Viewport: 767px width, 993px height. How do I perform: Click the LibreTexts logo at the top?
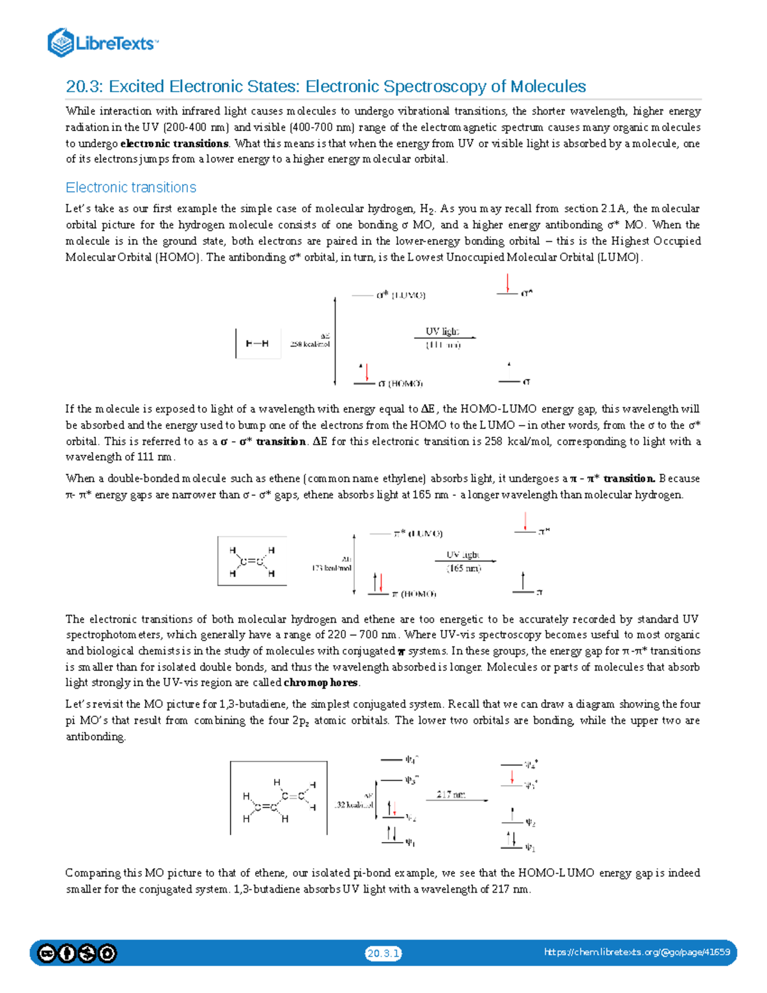pyautogui.click(x=102, y=43)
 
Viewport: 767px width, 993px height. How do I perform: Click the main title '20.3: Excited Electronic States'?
pyautogui.click(x=326, y=86)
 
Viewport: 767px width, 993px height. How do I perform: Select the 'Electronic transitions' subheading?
pyautogui.click(x=131, y=187)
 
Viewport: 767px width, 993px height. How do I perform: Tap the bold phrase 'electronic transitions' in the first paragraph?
pyautogui.click(x=174, y=143)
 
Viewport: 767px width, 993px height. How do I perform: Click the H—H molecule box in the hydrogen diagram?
pyautogui.click(x=258, y=343)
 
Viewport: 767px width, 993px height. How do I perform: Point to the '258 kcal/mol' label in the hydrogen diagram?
pyautogui.click(x=310, y=344)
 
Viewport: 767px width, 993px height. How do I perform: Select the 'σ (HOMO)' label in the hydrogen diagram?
pyautogui.click(x=400, y=384)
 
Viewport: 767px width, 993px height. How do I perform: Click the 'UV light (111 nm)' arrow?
pyautogui.click(x=444, y=338)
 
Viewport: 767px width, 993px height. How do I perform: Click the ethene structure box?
pyautogui.click(x=252, y=561)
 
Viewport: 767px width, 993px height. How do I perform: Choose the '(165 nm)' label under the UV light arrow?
pyautogui.click(x=464, y=568)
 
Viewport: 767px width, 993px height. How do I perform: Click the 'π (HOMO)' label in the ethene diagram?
pyautogui.click(x=414, y=594)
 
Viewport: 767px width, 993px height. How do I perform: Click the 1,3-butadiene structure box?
pyautogui.click(x=279, y=798)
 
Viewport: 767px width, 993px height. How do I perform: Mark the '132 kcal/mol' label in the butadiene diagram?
pyautogui.click(x=353, y=805)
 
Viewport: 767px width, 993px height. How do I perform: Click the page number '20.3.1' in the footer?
pyautogui.click(x=383, y=953)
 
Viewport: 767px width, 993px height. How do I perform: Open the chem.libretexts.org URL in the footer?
pyautogui.click(x=637, y=952)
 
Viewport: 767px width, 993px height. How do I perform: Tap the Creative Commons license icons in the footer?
pyautogui.click(x=77, y=953)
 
